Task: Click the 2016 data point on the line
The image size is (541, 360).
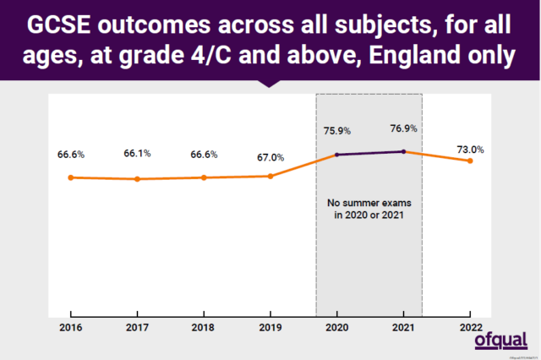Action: (71, 177)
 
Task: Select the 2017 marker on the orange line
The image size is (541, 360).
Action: (137, 179)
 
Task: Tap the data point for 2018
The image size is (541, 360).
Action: (204, 177)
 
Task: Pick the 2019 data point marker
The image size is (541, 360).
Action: (270, 176)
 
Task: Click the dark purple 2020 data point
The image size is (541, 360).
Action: (336, 155)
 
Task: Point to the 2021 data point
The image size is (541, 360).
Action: (404, 151)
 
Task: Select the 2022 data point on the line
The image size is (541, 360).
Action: (470, 161)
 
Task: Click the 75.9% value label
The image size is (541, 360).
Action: (336, 131)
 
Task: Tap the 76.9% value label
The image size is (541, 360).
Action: (403, 128)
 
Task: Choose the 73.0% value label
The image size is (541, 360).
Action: (470, 150)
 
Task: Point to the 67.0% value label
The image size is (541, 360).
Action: (270, 157)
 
